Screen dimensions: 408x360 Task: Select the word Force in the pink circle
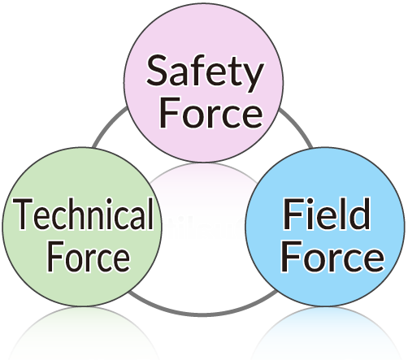pos(211,113)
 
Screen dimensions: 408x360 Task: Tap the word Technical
pos(83,214)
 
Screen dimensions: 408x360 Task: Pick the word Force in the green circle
pos(89,257)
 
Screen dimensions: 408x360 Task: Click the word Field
pos(326,214)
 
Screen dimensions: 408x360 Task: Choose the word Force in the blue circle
pos(332,257)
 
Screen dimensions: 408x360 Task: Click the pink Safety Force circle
pos(204,83)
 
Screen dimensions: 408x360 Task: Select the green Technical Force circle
pos(82,227)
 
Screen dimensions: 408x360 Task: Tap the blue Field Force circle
pos(325,227)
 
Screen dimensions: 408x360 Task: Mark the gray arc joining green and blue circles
pos(203,314)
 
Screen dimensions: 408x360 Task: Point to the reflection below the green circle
pos(82,333)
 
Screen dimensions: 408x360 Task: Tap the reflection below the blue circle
pos(325,333)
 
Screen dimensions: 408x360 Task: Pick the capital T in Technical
pos(23,215)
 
